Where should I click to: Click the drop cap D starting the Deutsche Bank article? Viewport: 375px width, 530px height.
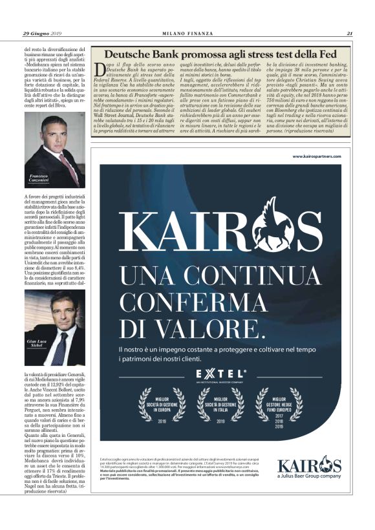tap(98, 70)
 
